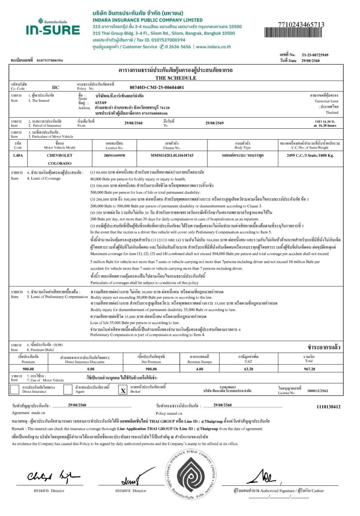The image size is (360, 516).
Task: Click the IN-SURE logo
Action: coord(53,28)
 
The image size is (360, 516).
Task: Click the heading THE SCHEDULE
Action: coord(175,78)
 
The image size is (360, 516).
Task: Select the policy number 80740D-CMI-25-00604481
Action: coord(157,87)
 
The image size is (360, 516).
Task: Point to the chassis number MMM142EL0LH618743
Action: coord(172,155)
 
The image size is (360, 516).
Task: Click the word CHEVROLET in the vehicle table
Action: coord(60,155)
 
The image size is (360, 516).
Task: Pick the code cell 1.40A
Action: coord(18,155)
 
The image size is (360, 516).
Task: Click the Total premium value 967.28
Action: coord(309,369)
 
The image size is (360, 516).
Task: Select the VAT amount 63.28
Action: coord(249,369)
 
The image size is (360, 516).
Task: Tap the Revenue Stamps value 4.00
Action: coord(199,369)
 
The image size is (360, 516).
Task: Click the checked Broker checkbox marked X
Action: coord(123,390)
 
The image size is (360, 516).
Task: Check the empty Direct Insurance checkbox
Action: coord(15,389)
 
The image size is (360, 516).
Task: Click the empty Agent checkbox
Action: coord(68,389)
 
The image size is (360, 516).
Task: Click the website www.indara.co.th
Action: coord(214,47)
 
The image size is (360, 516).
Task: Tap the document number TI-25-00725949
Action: coord(315,55)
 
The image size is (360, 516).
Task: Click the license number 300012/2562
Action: coord(317,391)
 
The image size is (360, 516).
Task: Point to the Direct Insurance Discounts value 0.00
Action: coord(91,369)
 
